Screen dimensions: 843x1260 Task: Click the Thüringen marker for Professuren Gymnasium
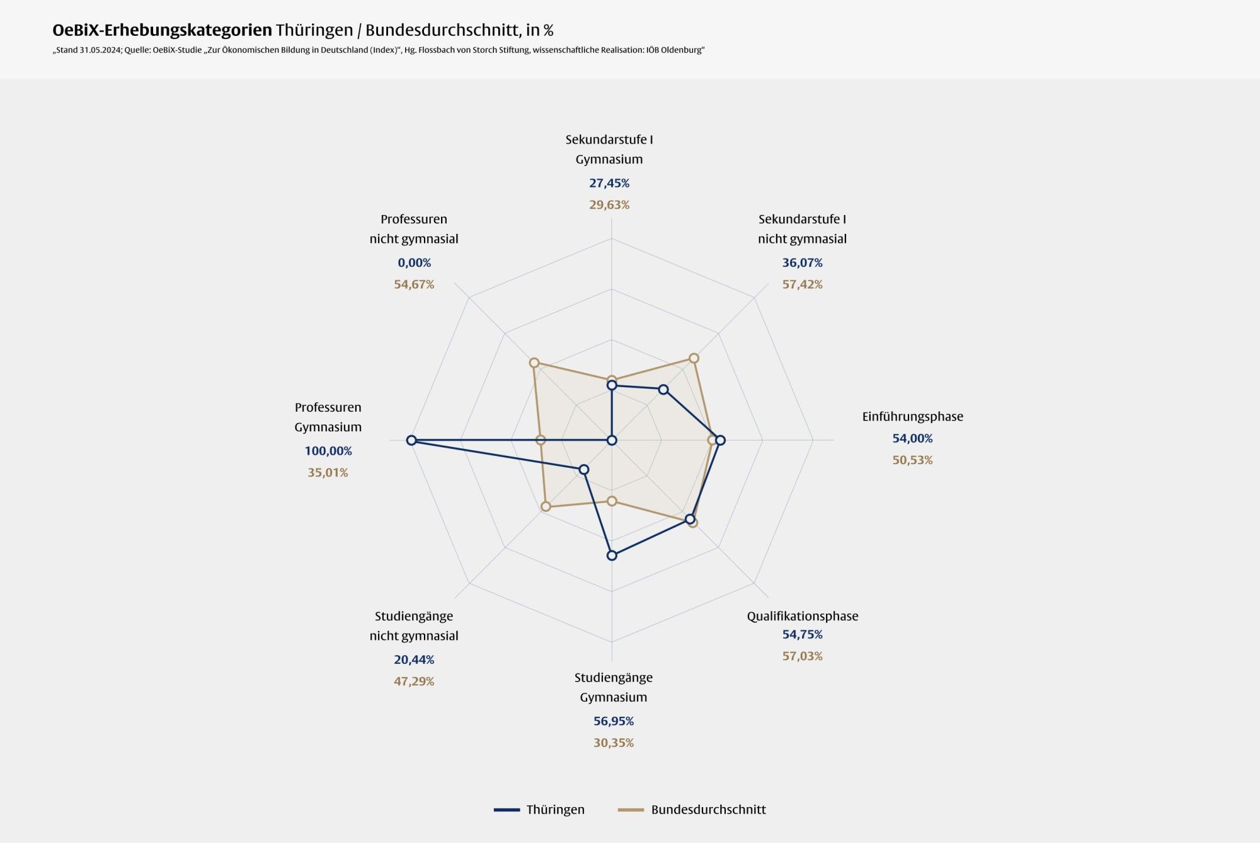pyautogui.click(x=411, y=440)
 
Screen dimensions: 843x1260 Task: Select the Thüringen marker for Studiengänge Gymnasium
pyautogui.click(x=612, y=555)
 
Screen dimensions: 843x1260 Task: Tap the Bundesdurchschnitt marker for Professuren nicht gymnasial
pyautogui.click(x=534, y=363)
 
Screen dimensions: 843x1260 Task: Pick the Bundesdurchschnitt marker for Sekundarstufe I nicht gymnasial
pyautogui.click(x=694, y=358)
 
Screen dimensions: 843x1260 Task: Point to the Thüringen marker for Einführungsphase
pyautogui.click(x=720, y=440)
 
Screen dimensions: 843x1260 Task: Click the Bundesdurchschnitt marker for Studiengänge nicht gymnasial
pyautogui.click(x=546, y=506)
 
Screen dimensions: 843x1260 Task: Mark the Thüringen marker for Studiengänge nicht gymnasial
pyautogui.click(x=584, y=469)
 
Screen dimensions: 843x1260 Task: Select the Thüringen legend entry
pyautogui.click(x=540, y=810)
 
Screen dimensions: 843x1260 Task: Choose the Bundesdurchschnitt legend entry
pyautogui.click(x=692, y=810)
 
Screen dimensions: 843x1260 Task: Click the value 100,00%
pyautogui.click(x=328, y=451)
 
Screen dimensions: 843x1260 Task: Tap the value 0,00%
pyautogui.click(x=414, y=262)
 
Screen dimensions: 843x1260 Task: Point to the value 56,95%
pyautogui.click(x=613, y=721)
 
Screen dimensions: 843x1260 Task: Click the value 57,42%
pyautogui.click(x=802, y=284)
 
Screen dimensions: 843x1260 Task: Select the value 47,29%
pyautogui.click(x=414, y=681)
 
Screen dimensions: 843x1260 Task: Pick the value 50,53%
pyautogui.click(x=912, y=460)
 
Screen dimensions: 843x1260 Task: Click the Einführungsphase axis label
pyautogui.click(x=912, y=416)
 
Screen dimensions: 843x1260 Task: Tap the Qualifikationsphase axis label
pyautogui.click(x=802, y=616)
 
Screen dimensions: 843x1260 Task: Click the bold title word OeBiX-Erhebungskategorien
pyautogui.click(x=162, y=30)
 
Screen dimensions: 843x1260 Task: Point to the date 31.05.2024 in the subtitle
pyautogui.click(x=100, y=50)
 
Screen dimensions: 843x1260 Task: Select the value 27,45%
pyautogui.click(x=609, y=183)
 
